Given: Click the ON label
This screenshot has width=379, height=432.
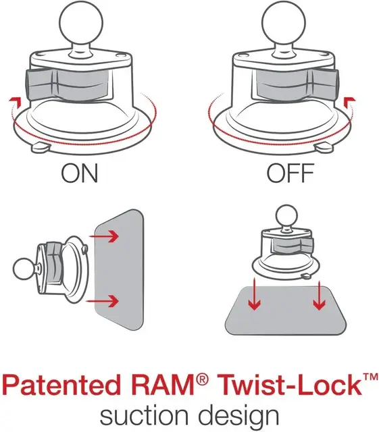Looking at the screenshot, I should pyautogui.click(x=79, y=173).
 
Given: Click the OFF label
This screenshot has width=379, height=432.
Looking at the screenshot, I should pyautogui.click(x=290, y=173).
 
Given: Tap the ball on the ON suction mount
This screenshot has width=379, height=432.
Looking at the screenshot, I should pyautogui.click(x=80, y=22).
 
